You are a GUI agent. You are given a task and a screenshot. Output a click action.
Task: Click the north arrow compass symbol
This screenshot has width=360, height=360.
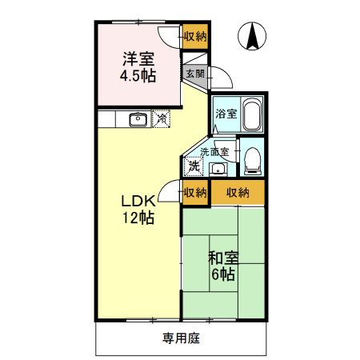pyautogui.click(x=253, y=36)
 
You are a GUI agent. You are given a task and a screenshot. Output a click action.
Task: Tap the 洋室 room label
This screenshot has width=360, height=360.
pyautogui.click(x=138, y=58)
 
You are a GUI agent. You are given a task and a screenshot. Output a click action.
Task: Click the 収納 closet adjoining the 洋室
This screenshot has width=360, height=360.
pyautogui.click(x=195, y=36)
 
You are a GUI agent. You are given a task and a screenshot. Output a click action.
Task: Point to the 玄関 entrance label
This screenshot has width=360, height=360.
pyautogui.click(x=194, y=73)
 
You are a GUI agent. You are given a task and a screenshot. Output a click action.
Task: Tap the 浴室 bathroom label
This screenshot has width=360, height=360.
pyautogui.click(x=226, y=114)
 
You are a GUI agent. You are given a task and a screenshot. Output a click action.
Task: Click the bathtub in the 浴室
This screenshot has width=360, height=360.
pyautogui.click(x=252, y=114)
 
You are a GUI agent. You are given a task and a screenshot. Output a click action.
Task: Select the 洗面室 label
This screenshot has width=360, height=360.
pyautogui.click(x=214, y=150)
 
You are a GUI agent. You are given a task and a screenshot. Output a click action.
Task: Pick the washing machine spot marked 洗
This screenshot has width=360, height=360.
pyautogui.click(x=193, y=166)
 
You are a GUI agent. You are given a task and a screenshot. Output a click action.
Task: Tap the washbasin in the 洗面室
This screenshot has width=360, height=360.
pyautogui.click(x=218, y=168)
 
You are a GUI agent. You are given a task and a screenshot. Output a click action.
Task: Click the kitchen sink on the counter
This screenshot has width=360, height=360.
pyautogui.click(x=138, y=119)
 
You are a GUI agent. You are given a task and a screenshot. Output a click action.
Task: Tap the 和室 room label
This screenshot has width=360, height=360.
pyautogui.click(x=223, y=258)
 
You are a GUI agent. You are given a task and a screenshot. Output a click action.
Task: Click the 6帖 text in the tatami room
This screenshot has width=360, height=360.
pyautogui.click(x=223, y=275)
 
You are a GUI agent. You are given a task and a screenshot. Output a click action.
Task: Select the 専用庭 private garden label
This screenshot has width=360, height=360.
pyautogui.click(x=181, y=338)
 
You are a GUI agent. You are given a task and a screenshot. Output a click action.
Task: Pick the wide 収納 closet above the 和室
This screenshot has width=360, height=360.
pyautogui.click(x=238, y=192)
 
